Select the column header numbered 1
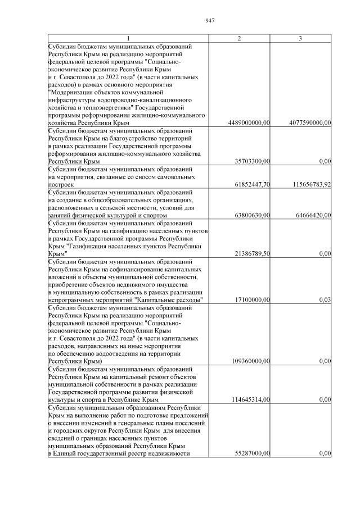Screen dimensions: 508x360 (x=128, y=38)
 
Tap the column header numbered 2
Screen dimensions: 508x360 (x=240, y=38)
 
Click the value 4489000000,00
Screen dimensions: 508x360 (x=250, y=123)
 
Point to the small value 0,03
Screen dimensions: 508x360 (x=325, y=300)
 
